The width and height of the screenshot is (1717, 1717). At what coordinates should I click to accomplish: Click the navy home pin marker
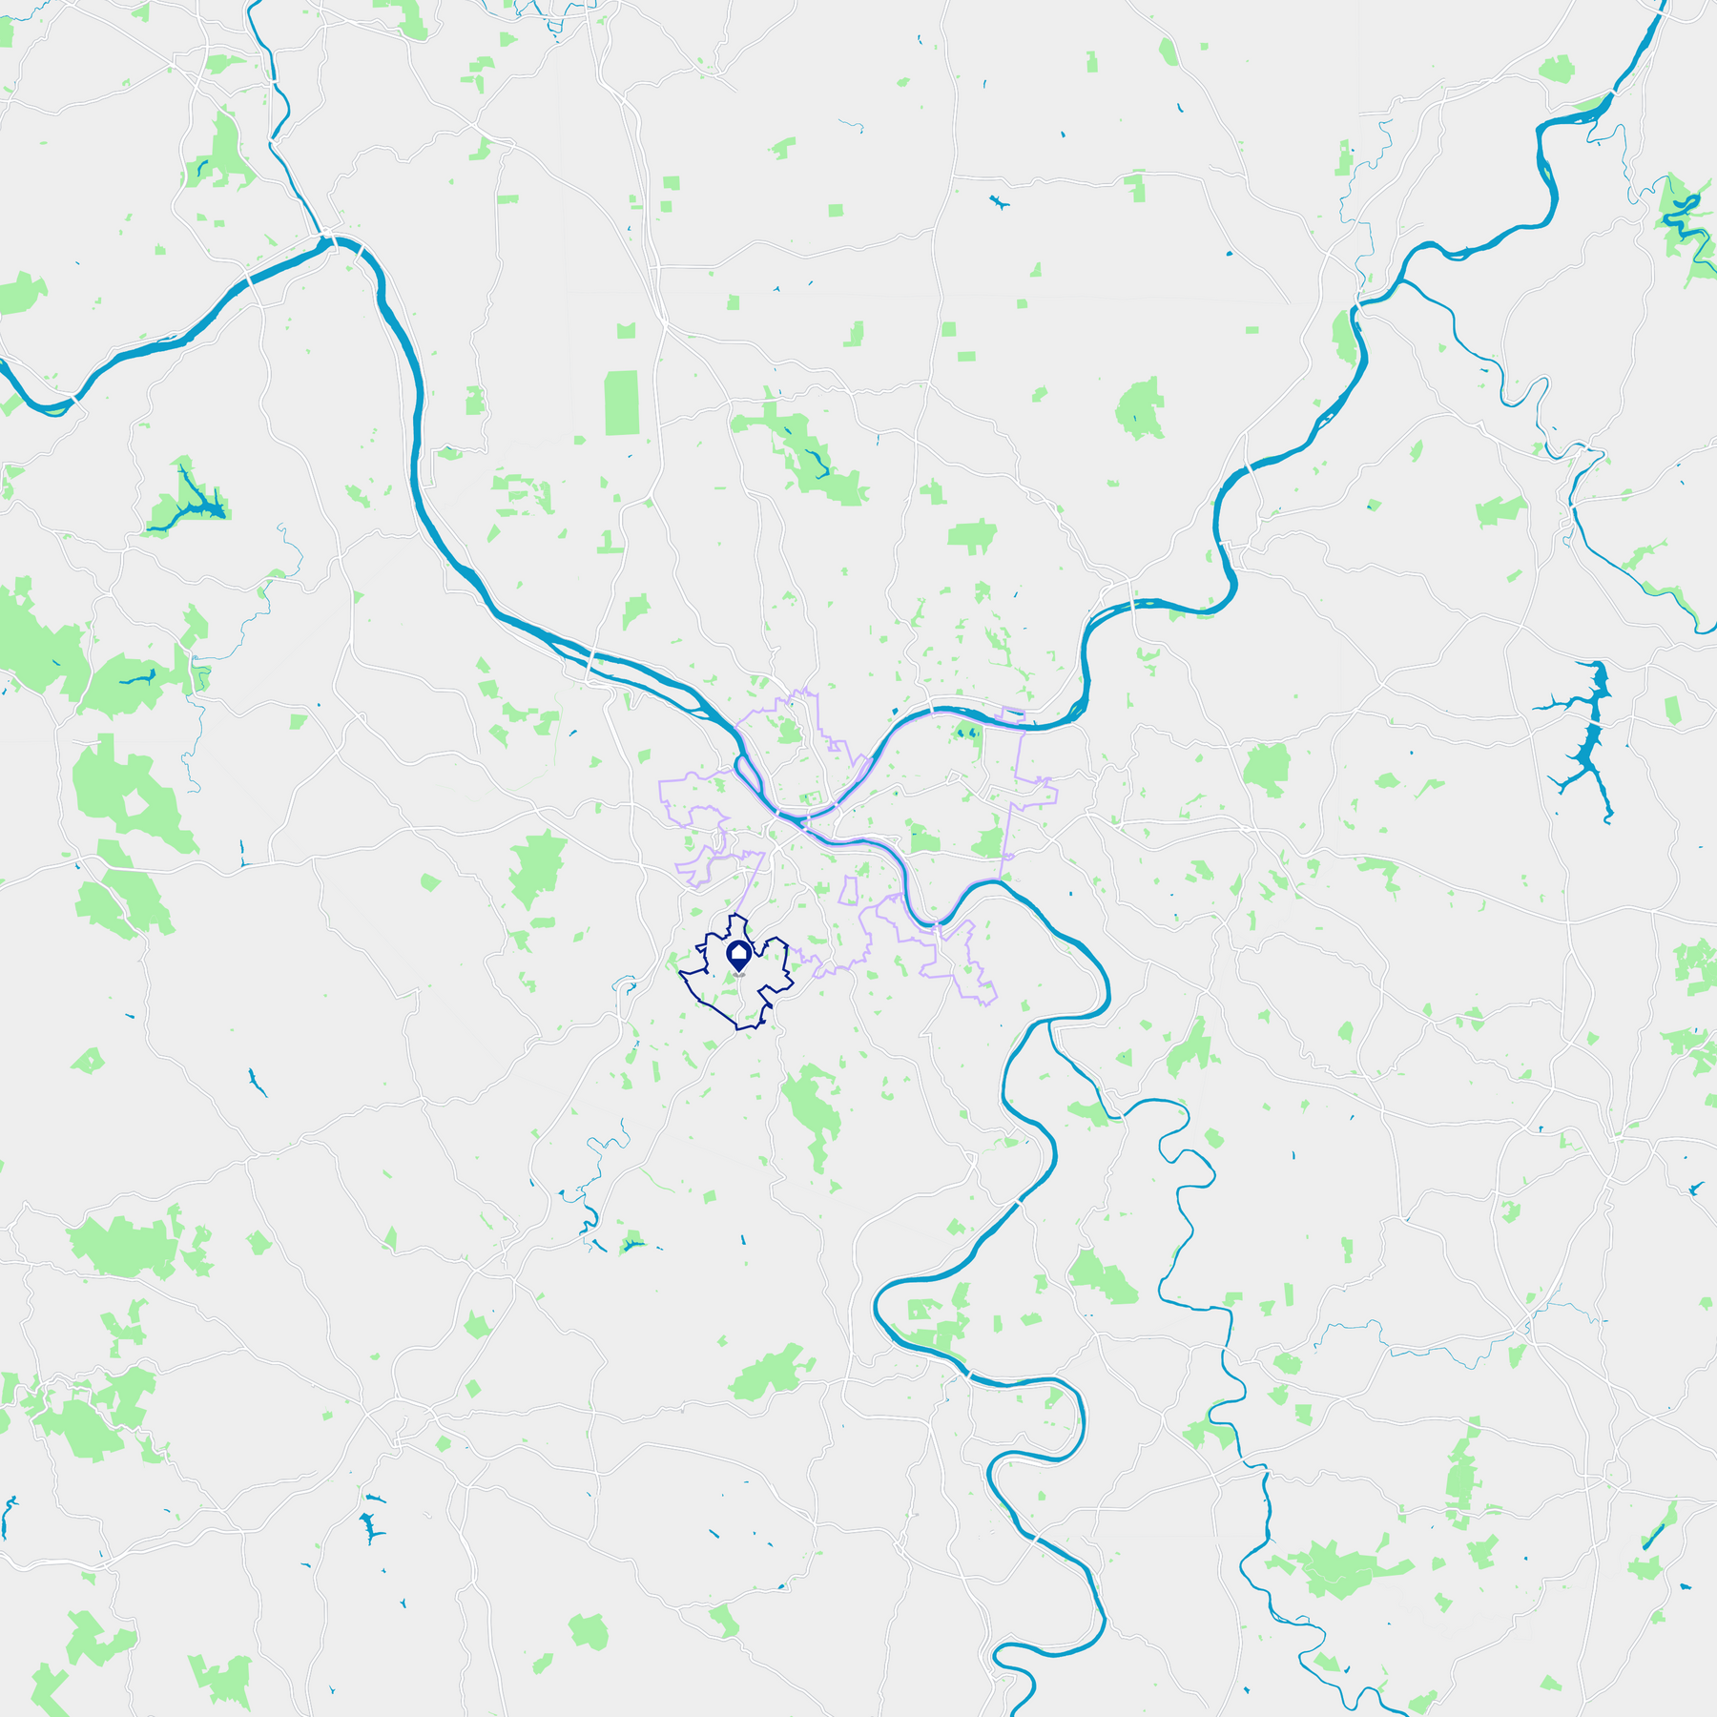click(x=739, y=955)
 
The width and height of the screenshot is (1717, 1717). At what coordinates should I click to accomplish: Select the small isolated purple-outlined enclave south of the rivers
click(x=847, y=891)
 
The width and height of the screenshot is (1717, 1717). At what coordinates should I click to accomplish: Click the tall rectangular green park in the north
click(x=622, y=403)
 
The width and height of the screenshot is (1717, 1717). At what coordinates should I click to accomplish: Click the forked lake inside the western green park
click(x=191, y=501)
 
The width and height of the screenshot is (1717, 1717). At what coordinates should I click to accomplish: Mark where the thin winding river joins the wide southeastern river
click(x=1049, y=1023)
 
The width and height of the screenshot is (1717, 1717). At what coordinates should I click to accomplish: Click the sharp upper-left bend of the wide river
click(x=336, y=242)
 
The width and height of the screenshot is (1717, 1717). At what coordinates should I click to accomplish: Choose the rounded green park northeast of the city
click(x=1140, y=408)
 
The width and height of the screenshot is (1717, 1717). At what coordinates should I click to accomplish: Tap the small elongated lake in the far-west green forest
click(x=138, y=679)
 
